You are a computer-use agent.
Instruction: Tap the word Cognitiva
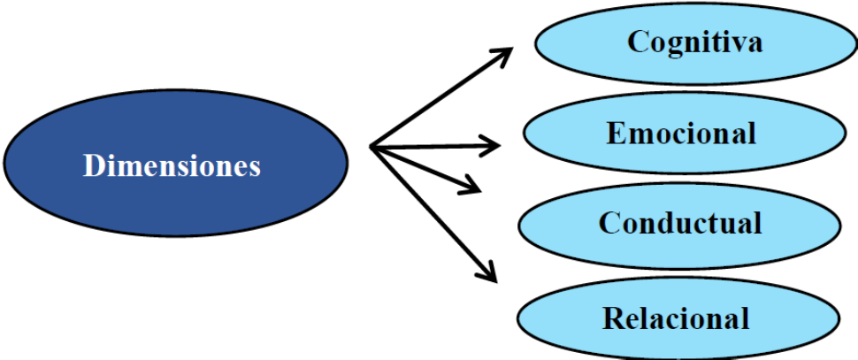click(694, 41)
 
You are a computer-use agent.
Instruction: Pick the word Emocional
click(681, 133)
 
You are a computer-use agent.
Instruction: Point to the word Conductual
click(680, 222)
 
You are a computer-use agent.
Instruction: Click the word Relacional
click(677, 317)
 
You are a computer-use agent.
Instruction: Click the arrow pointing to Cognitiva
click(442, 97)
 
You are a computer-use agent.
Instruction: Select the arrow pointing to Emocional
click(433, 144)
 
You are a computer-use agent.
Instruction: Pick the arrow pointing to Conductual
click(425, 167)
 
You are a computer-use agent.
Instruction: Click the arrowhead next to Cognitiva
click(504, 56)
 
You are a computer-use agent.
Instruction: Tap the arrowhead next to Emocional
click(491, 142)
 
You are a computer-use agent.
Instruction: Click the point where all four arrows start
click(372, 147)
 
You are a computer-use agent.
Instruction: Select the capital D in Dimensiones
click(92, 165)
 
